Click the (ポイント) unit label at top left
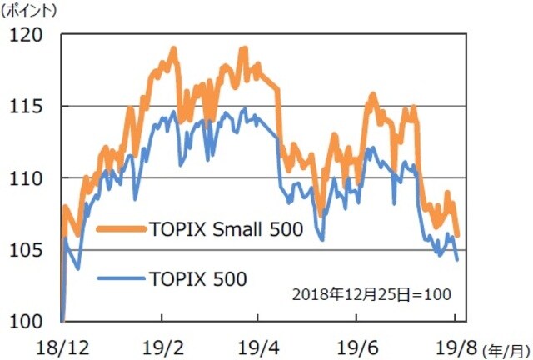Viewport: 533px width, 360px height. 31,11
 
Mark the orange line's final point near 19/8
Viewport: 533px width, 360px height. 457,235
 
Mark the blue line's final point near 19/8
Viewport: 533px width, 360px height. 456,259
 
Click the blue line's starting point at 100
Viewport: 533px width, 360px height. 62,321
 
